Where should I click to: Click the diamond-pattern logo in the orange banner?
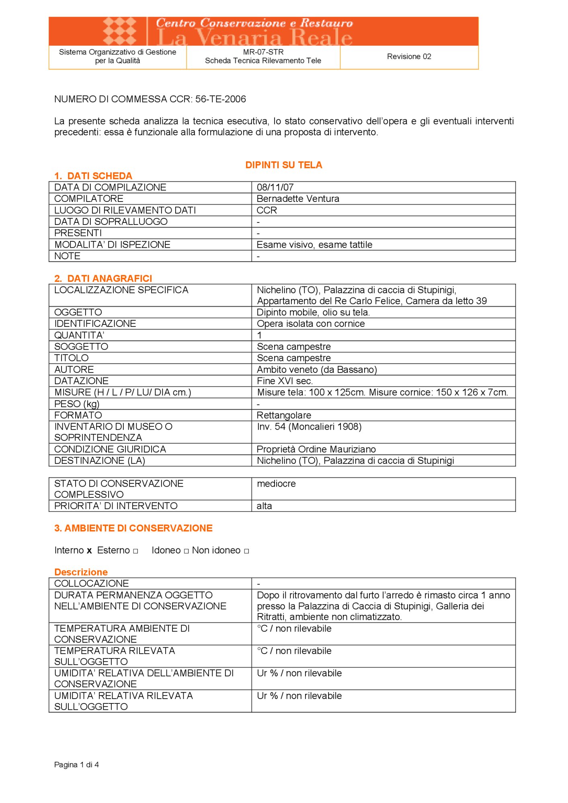pos(120,31)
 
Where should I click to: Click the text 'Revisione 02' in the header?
pos(409,57)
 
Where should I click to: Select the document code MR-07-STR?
pos(263,52)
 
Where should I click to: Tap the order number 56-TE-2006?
pos(221,99)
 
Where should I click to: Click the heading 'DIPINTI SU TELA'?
pos(283,165)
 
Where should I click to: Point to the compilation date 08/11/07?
pos(275,187)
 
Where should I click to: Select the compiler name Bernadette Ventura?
pos(298,199)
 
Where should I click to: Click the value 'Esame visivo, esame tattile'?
pos(314,245)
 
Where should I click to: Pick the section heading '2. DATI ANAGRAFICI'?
pos(103,278)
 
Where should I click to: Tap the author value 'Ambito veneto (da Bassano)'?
pos(317,369)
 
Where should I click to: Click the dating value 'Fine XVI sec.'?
pos(285,381)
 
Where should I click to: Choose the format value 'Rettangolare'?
pos(284,415)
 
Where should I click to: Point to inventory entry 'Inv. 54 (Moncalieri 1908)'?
pos(309,427)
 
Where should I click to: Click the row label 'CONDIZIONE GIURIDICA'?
pos(110,449)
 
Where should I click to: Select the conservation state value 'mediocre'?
pos(276,484)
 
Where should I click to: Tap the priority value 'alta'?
pos(264,506)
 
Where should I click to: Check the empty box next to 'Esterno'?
pos(135,551)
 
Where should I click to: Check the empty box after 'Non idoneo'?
pos(246,551)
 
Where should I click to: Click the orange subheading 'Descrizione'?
pos(81,572)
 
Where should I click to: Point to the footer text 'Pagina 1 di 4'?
pos(76,765)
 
